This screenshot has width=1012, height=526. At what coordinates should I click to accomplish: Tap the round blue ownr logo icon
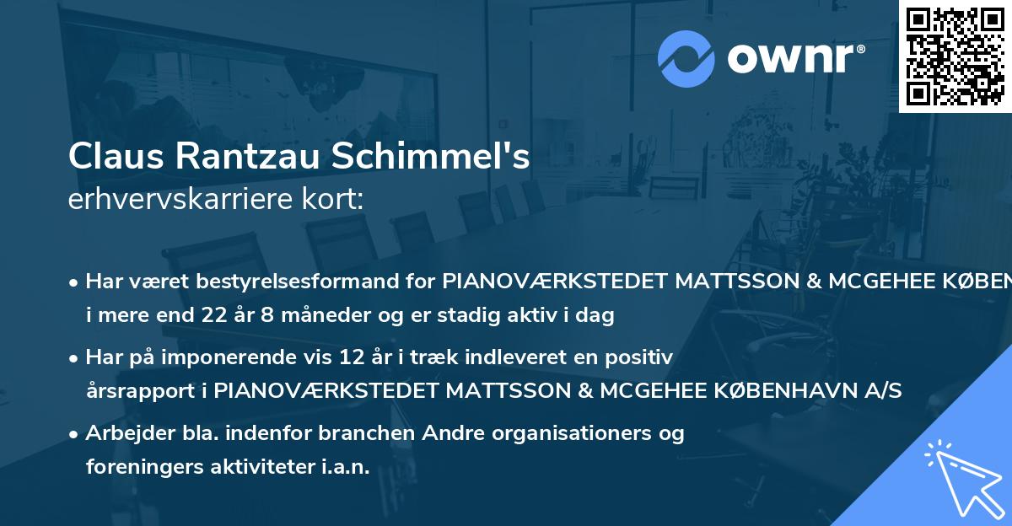click(687, 58)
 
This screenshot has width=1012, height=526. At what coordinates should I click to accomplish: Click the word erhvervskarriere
click(175, 200)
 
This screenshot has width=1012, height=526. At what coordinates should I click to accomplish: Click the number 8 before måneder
click(287, 316)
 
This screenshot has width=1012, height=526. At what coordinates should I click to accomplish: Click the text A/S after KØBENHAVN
click(883, 390)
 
